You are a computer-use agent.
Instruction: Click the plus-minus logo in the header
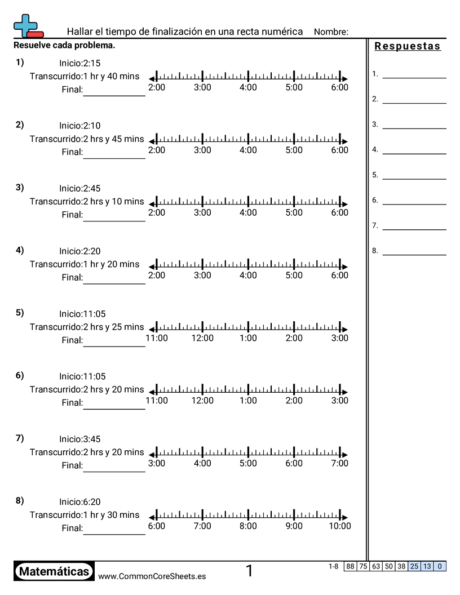tap(28, 26)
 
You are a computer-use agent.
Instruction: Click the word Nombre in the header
tap(330, 32)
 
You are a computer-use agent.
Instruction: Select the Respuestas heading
tap(408, 46)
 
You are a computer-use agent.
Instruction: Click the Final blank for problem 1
tap(114, 91)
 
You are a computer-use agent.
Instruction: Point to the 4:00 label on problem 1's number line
tap(248, 87)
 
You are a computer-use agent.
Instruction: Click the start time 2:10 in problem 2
tap(92, 126)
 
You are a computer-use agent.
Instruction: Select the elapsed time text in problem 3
tap(87, 201)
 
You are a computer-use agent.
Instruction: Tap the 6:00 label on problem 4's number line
tap(339, 276)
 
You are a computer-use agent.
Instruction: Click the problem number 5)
tap(20, 313)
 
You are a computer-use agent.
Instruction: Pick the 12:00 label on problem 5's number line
tap(202, 338)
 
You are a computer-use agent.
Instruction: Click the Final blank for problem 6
tap(114, 404)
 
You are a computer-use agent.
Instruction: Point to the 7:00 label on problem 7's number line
tap(339, 463)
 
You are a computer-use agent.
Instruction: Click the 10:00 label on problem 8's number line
tap(339, 526)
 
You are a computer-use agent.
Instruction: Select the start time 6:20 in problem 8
tap(92, 501)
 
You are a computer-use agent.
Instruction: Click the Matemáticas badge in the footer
tap(54, 572)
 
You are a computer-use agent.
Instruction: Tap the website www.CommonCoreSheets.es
tap(152, 576)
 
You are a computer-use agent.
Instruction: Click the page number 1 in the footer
tap(249, 571)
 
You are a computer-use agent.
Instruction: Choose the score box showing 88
tap(350, 566)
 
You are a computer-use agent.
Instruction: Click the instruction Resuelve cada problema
tap(64, 45)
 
